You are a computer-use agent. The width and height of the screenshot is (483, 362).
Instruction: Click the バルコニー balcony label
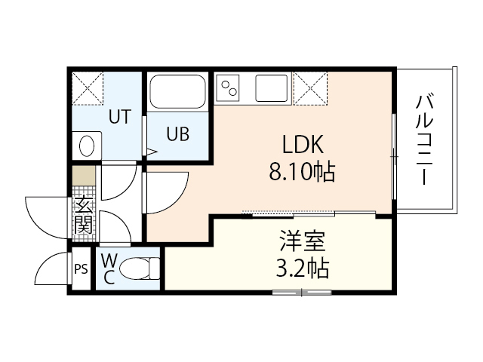(x=423, y=140)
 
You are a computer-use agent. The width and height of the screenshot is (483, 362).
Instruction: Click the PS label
(x=80, y=268)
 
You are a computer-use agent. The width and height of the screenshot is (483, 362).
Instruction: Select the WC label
(x=108, y=268)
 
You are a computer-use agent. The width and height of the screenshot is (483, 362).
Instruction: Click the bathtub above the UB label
(x=178, y=93)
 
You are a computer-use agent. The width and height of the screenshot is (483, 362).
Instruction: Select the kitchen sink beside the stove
(x=272, y=89)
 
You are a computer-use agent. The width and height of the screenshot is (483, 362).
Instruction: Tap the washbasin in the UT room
(x=87, y=144)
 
